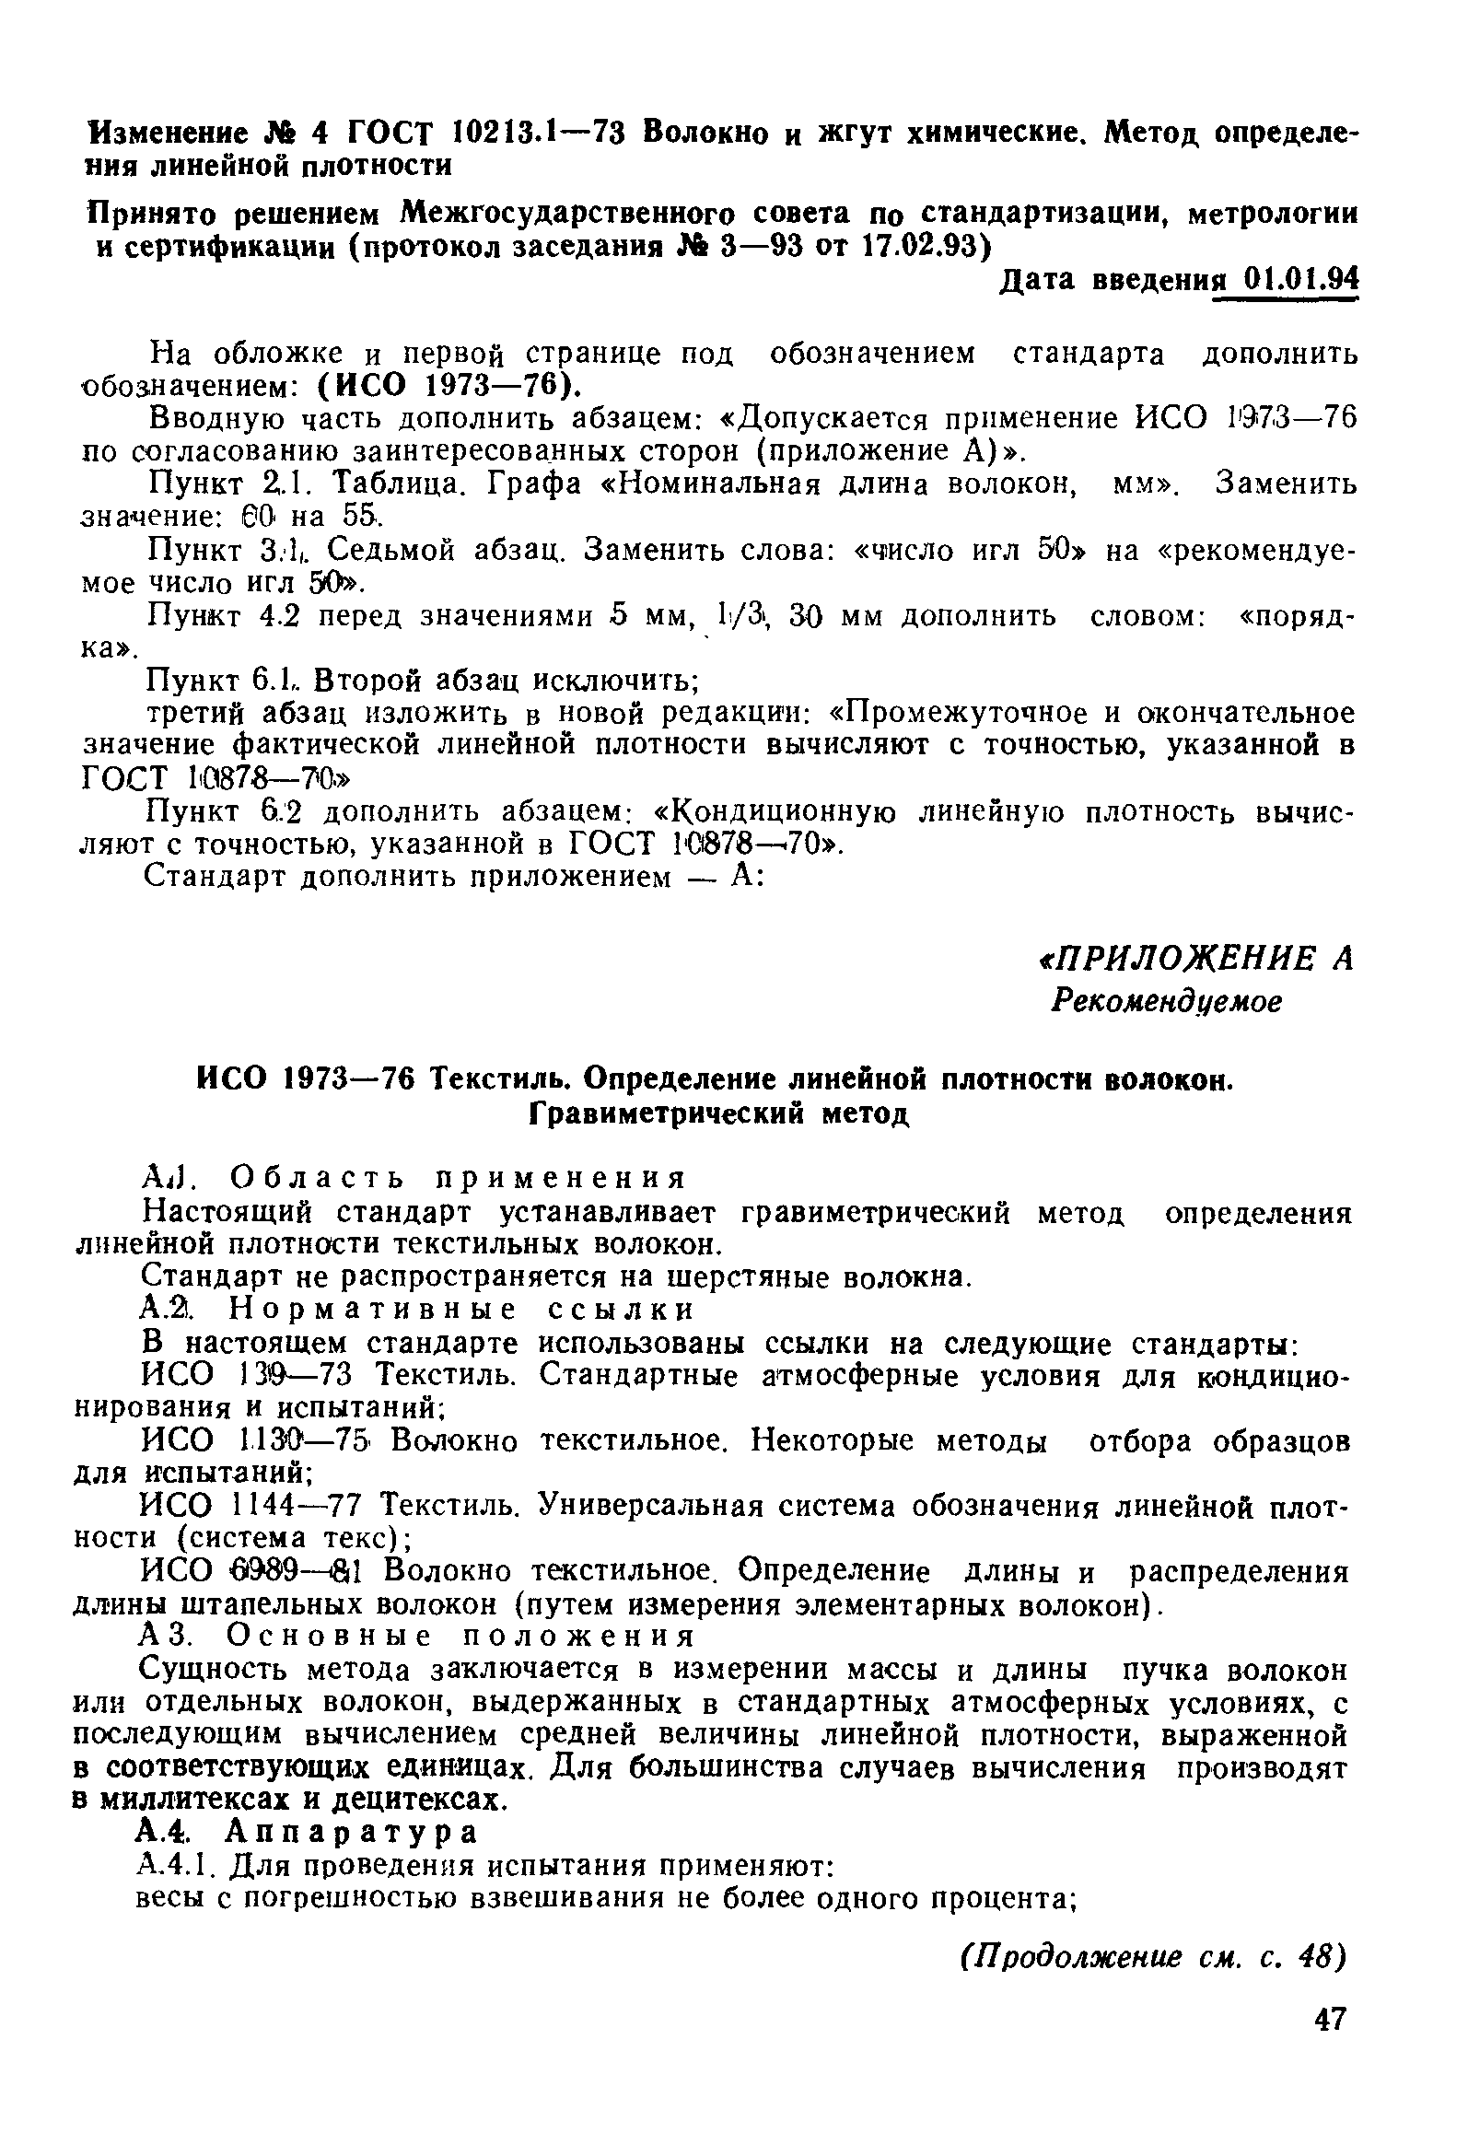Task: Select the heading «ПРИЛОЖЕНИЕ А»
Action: tap(1196, 959)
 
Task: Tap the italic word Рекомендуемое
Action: tap(1166, 1001)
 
